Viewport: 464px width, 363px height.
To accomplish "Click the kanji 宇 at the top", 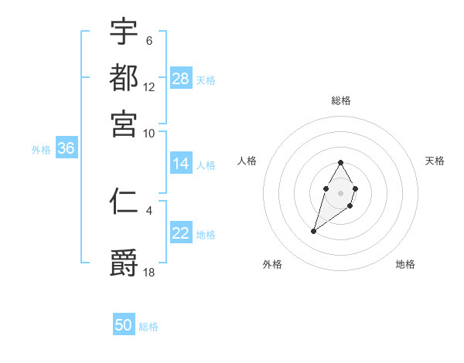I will click(124, 32).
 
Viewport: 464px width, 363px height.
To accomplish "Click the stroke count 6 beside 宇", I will click(148, 40).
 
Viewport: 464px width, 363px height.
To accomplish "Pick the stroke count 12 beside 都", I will click(149, 87).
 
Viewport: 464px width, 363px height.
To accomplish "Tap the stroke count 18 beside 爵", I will click(149, 271).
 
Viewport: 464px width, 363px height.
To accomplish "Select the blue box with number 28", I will click(181, 79).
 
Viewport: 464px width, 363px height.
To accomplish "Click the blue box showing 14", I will click(181, 164).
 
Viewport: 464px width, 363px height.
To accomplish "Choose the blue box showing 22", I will click(181, 233).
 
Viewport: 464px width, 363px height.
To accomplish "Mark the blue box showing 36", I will click(66, 149).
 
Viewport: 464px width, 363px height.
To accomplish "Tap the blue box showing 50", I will click(124, 325).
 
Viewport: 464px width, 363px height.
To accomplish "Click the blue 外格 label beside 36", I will click(41, 150).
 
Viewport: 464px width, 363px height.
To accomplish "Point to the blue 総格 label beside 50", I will click(148, 327).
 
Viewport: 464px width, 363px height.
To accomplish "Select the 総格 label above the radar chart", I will click(340, 100).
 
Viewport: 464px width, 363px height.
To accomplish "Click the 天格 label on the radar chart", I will click(435, 161).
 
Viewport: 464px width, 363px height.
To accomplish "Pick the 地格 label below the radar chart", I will click(405, 264).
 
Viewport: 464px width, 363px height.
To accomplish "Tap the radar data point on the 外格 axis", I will click(313, 231).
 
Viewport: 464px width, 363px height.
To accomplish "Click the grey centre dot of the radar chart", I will click(340, 192).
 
